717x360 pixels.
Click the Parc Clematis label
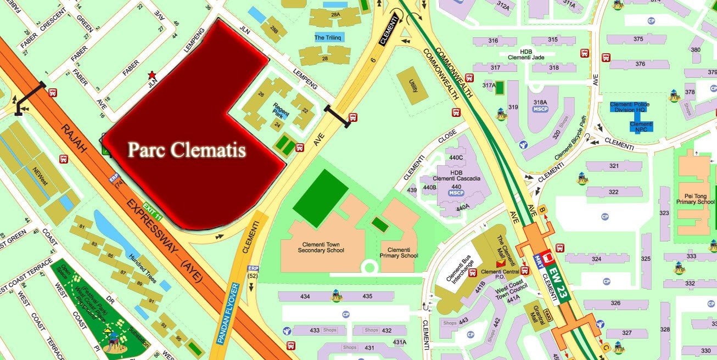click(x=186, y=150)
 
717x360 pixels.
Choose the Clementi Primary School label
click(x=399, y=252)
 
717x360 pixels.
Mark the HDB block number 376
click(x=640, y=64)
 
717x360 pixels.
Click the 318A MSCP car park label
click(x=541, y=105)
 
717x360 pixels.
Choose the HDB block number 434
click(x=305, y=296)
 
